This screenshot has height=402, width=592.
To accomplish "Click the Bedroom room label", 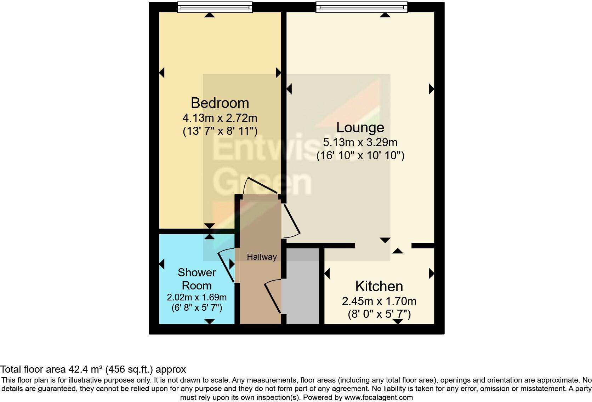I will pyautogui.click(x=220, y=103).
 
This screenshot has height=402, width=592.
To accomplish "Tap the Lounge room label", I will pyautogui.click(x=360, y=127).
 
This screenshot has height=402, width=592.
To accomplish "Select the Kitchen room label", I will pyautogui.click(x=379, y=286).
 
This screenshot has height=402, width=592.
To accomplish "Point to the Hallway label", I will pyautogui.click(x=262, y=257).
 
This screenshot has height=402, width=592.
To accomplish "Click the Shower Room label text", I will pyautogui.click(x=197, y=279).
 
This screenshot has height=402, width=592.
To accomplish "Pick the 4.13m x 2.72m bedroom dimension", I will pyautogui.click(x=220, y=117).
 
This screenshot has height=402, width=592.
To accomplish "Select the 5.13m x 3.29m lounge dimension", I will pyautogui.click(x=360, y=142).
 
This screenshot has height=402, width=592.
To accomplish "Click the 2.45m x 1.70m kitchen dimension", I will pyautogui.click(x=379, y=301).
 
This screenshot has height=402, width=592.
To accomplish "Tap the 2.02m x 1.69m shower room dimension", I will pyautogui.click(x=197, y=297).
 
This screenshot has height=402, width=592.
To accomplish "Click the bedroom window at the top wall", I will pyautogui.click(x=215, y=7).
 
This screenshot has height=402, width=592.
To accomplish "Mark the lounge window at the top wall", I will pyautogui.click(x=362, y=7).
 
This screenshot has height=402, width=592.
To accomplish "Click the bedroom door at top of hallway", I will pyautogui.click(x=260, y=186).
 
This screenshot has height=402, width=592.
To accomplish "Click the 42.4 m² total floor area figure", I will pyautogui.click(x=85, y=369).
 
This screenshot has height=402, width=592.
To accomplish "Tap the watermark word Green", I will pyautogui.click(x=262, y=182).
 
